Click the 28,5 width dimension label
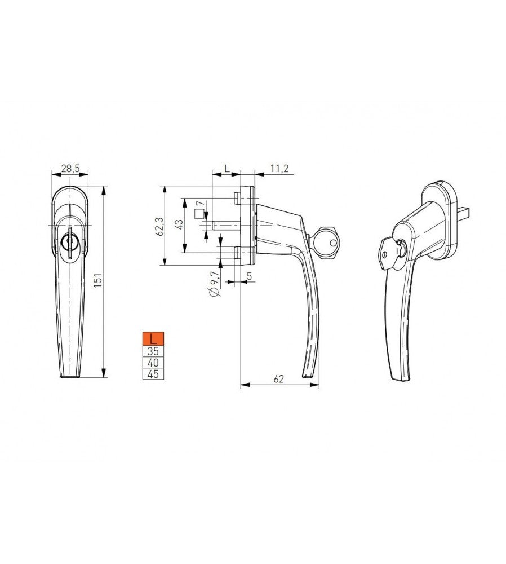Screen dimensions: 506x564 [70, 168]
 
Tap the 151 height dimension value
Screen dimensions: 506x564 [98, 280]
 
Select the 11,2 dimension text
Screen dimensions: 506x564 [279, 168]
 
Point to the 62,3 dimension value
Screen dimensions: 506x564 [160, 227]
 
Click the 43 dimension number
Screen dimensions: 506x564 [179, 224]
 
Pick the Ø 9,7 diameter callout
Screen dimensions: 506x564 [214, 284]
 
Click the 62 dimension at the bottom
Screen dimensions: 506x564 [279, 379]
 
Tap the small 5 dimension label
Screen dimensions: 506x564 [250, 276]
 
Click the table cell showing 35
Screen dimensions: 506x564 [153, 351]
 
